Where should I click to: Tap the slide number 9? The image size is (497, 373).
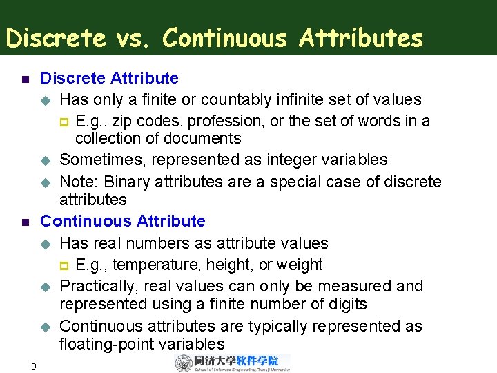33,365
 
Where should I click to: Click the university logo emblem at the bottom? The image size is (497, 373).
184,363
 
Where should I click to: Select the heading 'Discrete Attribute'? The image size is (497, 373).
110,78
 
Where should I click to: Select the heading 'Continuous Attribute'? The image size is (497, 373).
123,221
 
